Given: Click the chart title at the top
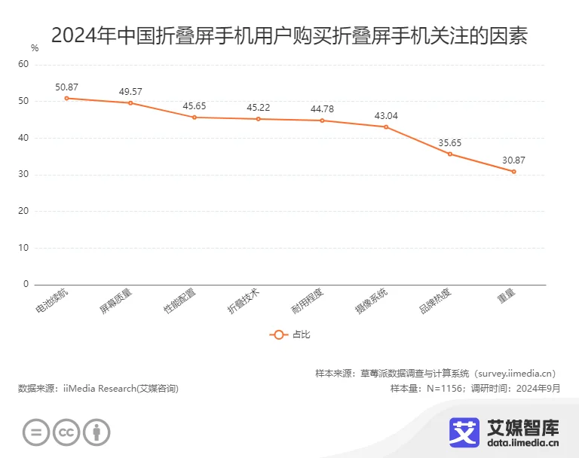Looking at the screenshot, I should coord(289,35).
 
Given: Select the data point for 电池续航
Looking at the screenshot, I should coord(66,98).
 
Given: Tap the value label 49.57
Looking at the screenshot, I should coord(130,92).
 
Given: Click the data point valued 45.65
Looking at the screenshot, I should coord(195,117).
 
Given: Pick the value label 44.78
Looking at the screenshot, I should coord(322,109).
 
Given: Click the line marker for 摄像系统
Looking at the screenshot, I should coord(386,127).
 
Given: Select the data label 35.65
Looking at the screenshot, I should coord(450,142).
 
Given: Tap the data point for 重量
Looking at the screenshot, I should coord(514,172).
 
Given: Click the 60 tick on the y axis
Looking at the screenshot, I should coord(23,65).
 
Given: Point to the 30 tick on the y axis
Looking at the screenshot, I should coord(23,175).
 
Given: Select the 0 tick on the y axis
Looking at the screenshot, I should coord(26,285).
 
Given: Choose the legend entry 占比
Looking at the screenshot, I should coord(289,334).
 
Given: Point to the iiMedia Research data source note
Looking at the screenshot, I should coord(98,389).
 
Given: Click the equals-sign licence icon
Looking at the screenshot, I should coord(36,432).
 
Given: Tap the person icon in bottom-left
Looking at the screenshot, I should coord(96,432).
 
